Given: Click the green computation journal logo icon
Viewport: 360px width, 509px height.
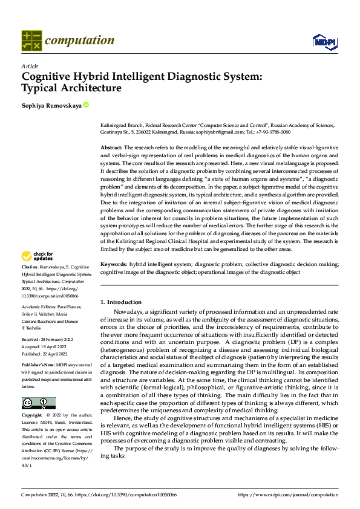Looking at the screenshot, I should click(x=31, y=41).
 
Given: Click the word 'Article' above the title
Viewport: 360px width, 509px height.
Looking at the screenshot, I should click(x=30, y=66).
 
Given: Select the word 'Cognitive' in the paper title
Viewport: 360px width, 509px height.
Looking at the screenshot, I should click(x=48, y=77).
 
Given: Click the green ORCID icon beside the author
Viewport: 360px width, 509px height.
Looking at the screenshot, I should click(x=86, y=105).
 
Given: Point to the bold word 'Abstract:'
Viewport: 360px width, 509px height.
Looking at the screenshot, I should click(x=111, y=148).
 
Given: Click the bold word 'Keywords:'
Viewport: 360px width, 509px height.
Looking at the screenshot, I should click(x=113, y=265).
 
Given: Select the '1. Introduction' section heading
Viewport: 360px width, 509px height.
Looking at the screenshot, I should click(x=121, y=302).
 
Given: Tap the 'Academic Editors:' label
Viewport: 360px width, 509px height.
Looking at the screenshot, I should click(x=41, y=307).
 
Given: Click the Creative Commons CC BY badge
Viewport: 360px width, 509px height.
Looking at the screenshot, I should click(x=38, y=386).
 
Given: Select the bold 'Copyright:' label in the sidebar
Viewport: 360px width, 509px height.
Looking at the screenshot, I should click(x=32, y=399).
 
